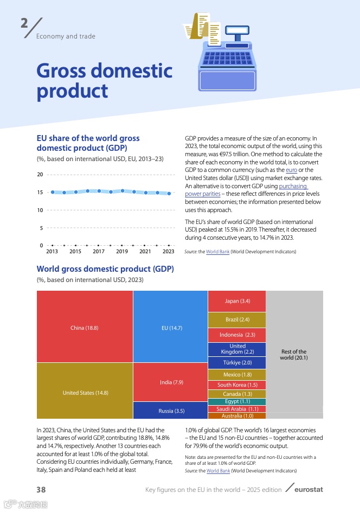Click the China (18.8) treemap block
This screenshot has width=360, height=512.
84,327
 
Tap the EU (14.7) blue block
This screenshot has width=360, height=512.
170,327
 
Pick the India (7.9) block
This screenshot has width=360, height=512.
170,382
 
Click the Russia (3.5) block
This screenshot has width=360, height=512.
170,411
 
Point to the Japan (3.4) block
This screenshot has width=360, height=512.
237,301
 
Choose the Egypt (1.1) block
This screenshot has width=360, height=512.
237,401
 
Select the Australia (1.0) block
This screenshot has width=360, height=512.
237,416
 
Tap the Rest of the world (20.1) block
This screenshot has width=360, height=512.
294,355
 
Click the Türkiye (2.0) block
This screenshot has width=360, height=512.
237,362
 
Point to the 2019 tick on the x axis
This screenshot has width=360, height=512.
122,252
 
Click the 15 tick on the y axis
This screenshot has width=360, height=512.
40,193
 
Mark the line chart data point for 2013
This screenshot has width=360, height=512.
52,192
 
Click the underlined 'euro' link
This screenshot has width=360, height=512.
291,170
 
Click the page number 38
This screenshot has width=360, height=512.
41,490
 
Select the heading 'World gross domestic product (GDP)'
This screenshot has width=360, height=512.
105,269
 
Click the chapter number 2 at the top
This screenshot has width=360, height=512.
24,24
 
